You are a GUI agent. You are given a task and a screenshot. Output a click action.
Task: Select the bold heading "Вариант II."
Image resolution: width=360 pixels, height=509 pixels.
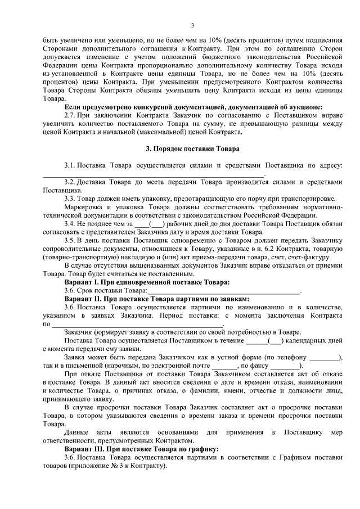point(84,299)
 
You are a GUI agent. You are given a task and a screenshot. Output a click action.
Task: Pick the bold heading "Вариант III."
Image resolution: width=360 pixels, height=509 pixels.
point(85,449)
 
